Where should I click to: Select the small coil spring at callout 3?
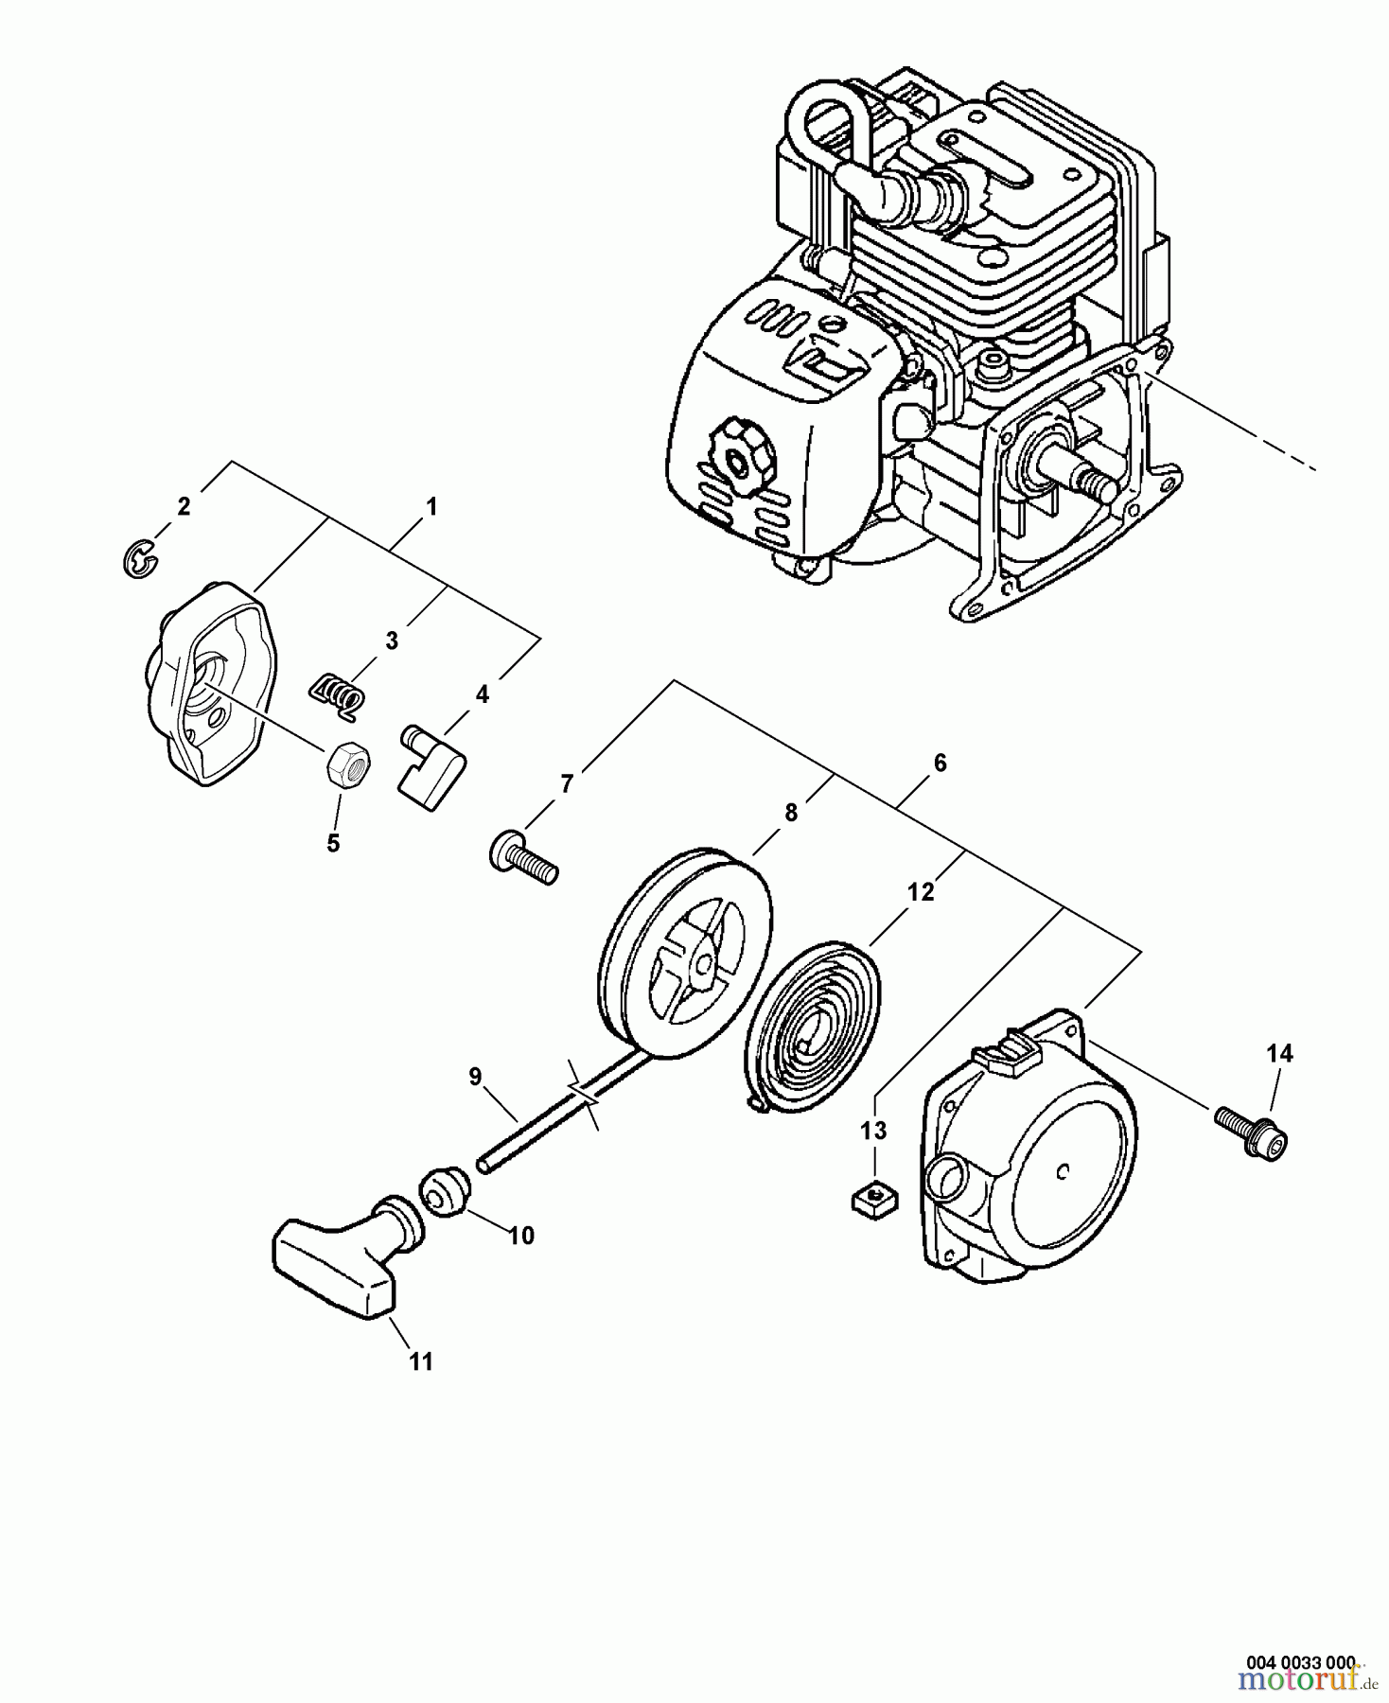[x=336, y=691]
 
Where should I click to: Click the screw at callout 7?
[x=522, y=855]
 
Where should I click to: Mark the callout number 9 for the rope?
[x=474, y=1076]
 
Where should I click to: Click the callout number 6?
[x=939, y=762]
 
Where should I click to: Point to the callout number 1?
[x=431, y=506]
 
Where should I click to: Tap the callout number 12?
[x=920, y=891]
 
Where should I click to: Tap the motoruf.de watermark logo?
[x=1306, y=1682]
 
